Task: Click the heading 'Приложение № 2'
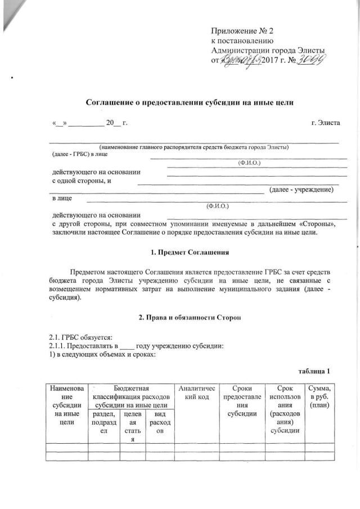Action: [x=244, y=30]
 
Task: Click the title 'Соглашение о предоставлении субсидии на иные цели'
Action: [x=190, y=102]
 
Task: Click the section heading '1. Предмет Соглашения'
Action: [x=190, y=252]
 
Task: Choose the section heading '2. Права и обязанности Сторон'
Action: [x=190, y=319]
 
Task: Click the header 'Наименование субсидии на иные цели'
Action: [x=66, y=401]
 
